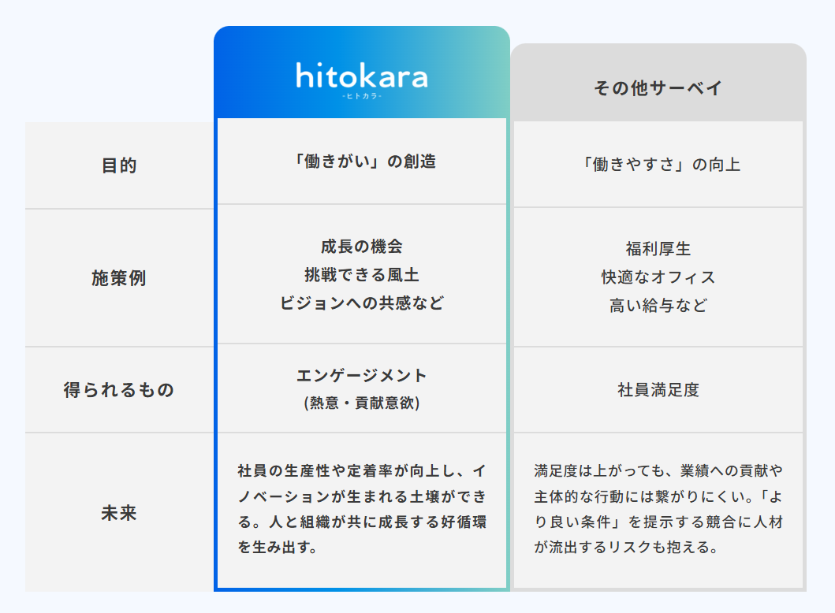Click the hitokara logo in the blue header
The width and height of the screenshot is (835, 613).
point(362,76)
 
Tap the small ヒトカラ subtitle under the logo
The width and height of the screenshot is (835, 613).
point(362,96)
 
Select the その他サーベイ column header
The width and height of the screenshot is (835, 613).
point(658,87)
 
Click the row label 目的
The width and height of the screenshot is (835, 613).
point(119,165)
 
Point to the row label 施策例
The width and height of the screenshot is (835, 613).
point(119,278)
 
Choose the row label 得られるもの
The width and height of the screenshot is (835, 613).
point(119,390)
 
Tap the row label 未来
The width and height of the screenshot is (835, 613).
point(119,513)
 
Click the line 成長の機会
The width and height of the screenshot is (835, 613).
point(362,247)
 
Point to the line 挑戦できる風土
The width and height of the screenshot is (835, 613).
point(362,274)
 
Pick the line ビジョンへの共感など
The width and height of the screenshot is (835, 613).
point(362,303)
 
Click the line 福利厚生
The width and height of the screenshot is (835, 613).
point(658,248)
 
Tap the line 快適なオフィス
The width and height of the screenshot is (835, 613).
point(658,277)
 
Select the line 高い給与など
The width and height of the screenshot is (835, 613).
point(658,305)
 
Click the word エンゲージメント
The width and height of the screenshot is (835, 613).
point(362,376)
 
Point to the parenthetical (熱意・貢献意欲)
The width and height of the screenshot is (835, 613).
point(362,403)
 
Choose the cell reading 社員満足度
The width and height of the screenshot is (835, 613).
point(658,390)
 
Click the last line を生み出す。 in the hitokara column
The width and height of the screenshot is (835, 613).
point(278,547)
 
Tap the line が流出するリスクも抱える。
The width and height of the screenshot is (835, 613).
point(627,547)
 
